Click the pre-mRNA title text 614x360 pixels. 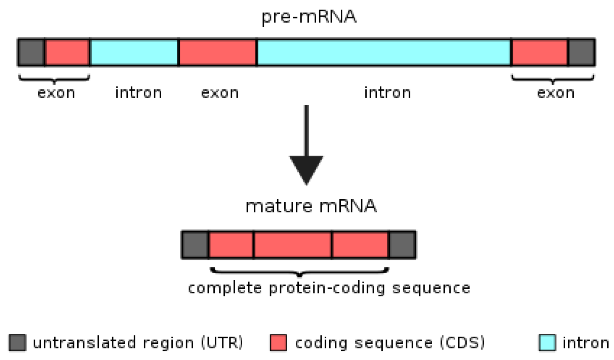click(x=308, y=17)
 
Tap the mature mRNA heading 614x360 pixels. click(x=311, y=207)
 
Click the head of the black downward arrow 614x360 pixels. click(x=306, y=169)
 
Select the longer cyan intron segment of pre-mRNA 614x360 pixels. click(x=384, y=53)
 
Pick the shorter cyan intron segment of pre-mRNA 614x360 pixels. click(x=134, y=53)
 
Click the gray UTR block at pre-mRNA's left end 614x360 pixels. click(x=31, y=53)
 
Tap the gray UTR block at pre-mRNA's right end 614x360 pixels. click(x=581, y=53)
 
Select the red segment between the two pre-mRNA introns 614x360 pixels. click(x=218, y=53)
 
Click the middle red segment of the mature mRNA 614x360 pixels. click(x=292, y=245)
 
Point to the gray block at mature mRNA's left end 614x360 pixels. click(x=195, y=245)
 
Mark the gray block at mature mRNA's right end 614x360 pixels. click(x=402, y=245)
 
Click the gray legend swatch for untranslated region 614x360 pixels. click(x=17, y=343)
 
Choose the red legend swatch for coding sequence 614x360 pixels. click(x=278, y=343)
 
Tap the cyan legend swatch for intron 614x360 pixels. click(x=547, y=343)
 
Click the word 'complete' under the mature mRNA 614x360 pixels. click(x=225, y=288)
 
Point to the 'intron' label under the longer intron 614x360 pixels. click(x=387, y=93)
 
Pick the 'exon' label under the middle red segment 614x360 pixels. click(x=220, y=93)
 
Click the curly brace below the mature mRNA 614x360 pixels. click(x=300, y=272)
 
